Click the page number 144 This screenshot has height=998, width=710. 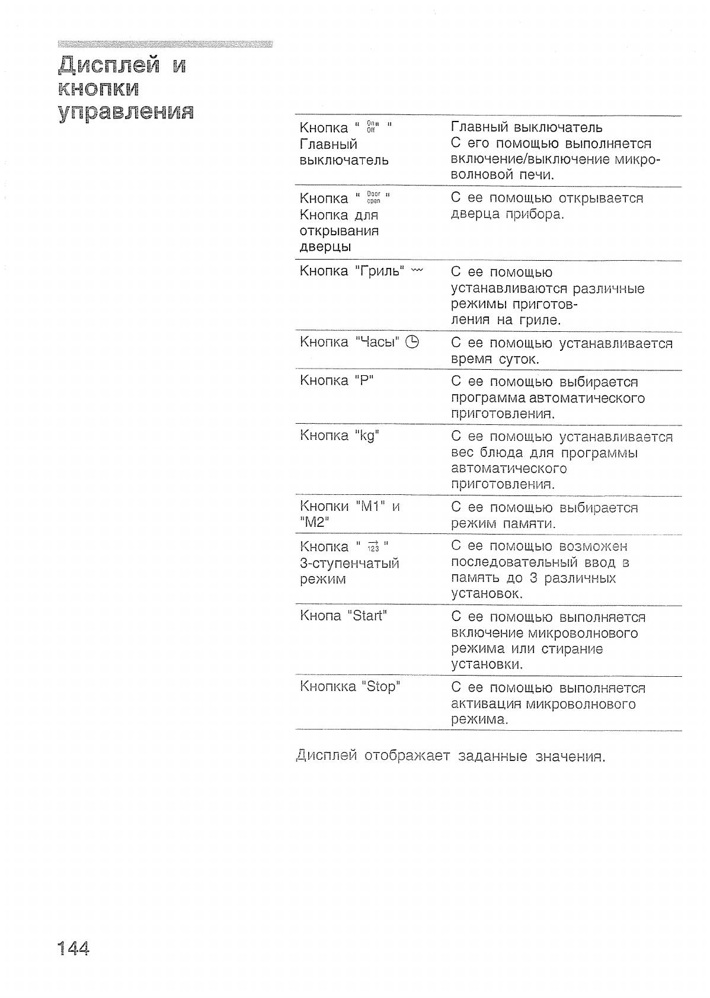73,948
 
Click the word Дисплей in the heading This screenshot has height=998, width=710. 109,65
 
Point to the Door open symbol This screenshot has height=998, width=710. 373,197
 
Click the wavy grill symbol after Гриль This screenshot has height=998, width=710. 417,271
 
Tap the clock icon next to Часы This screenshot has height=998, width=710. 412,342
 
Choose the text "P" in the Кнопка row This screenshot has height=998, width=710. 364,380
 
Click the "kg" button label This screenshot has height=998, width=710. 367,436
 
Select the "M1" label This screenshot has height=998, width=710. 371,507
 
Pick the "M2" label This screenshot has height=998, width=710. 315,523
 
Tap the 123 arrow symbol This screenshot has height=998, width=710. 373,546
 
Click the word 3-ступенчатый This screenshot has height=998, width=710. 349,563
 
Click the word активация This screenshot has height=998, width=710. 485,704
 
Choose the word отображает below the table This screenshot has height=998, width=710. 407,757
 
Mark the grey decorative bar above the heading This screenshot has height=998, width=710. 165,44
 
